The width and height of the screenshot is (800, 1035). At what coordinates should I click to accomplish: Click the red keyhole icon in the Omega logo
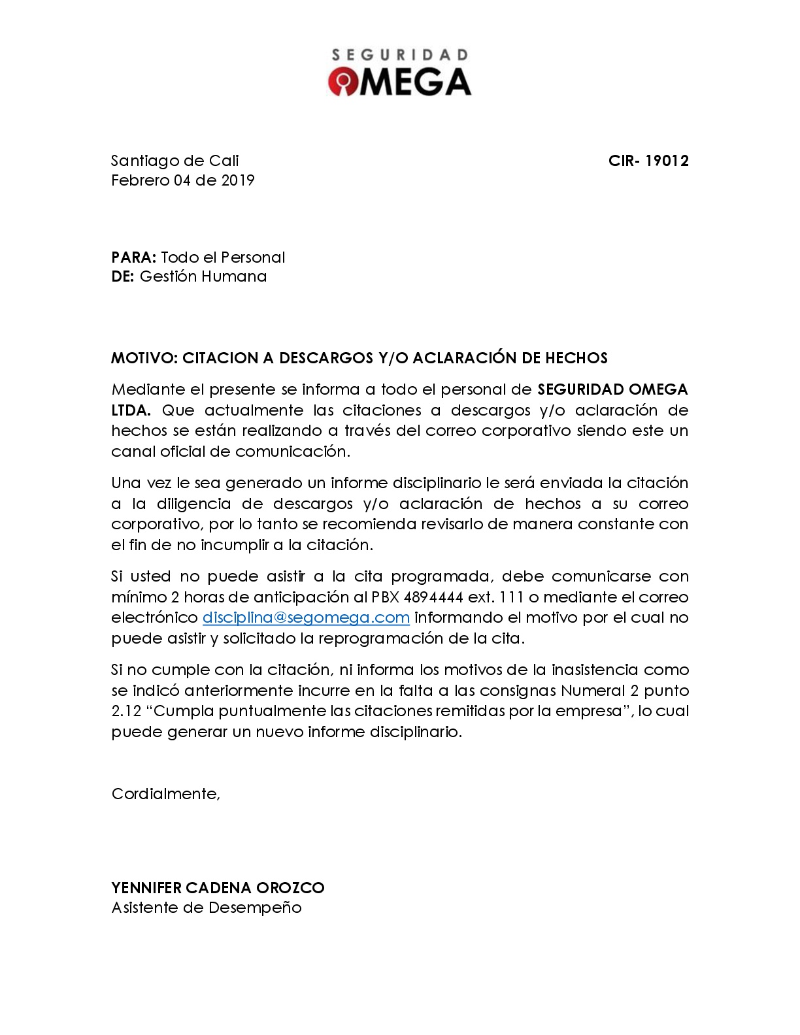(x=343, y=82)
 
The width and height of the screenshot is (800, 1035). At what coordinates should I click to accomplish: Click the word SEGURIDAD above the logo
(x=399, y=55)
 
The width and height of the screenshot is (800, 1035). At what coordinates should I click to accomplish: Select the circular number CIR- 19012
(x=648, y=161)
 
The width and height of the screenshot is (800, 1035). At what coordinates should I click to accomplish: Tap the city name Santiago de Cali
(x=175, y=161)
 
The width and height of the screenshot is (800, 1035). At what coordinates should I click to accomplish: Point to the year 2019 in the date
(x=238, y=180)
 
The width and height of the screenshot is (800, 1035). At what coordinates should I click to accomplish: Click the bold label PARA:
(x=134, y=257)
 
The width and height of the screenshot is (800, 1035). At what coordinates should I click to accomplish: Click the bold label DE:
(x=123, y=276)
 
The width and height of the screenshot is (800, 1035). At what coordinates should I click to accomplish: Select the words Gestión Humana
(x=203, y=276)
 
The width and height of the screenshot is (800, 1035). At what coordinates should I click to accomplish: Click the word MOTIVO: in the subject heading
(x=144, y=358)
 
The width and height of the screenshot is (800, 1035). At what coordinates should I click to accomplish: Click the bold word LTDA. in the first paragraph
(x=131, y=410)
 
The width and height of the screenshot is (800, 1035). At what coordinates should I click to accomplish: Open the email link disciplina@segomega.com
(x=306, y=617)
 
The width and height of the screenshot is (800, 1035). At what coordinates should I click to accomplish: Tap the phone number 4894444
(x=433, y=597)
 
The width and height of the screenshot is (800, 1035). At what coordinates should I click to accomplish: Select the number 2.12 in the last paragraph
(x=126, y=711)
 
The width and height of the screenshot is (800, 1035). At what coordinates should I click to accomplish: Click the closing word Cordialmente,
(x=166, y=794)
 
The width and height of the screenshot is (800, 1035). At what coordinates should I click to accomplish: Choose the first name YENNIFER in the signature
(x=146, y=888)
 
